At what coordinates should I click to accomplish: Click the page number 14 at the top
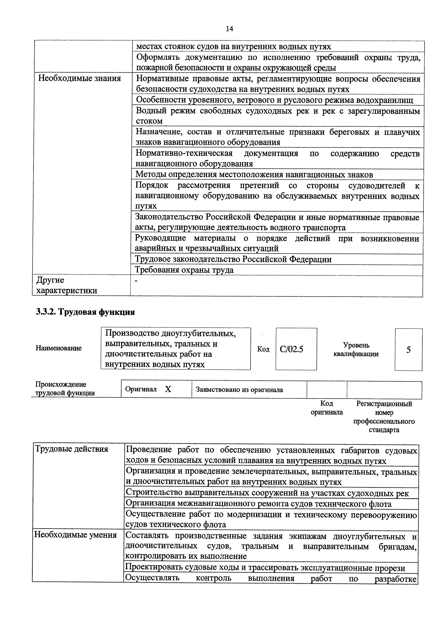pos(229,29)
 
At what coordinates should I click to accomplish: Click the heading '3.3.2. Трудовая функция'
pos(85,312)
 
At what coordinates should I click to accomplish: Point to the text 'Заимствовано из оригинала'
pos(239,390)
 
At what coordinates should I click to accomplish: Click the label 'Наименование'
pos(59,348)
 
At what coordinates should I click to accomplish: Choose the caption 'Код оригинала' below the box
pos(327,408)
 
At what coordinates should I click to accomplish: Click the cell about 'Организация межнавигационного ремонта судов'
pos(258,504)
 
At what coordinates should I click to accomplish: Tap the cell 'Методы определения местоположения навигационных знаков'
pos(254,175)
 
